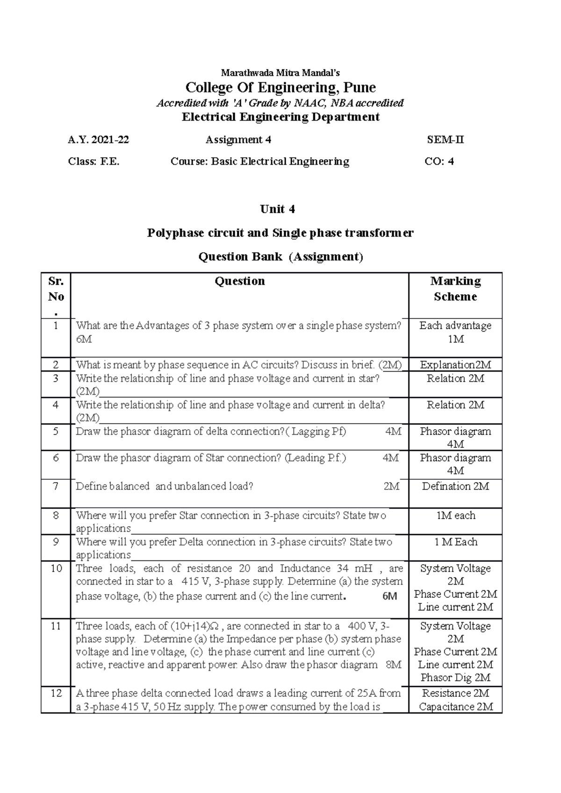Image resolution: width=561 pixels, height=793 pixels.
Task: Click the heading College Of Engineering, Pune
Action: [x=280, y=88]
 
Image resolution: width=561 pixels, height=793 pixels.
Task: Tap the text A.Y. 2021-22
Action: [x=98, y=140]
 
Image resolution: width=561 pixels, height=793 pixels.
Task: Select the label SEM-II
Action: [x=445, y=140]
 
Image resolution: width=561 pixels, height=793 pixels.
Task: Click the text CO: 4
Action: [x=439, y=162]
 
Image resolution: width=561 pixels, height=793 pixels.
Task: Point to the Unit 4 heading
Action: [x=277, y=209]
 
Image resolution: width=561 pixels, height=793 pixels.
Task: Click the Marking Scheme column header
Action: [x=455, y=289]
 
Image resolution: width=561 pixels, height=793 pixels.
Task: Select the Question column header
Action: [x=239, y=281]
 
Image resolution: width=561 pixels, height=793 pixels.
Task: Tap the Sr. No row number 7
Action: [x=56, y=487]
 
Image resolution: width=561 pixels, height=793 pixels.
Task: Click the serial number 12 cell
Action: [x=56, y=693]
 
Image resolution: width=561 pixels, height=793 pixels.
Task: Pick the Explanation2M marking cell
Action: [x=455, y=365]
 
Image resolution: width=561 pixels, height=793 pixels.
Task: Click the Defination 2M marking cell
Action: [x=455, y=487]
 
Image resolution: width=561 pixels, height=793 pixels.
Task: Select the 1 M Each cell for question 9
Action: [x=455, y=542]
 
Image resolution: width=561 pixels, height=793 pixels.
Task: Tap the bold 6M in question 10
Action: [x=389, y=596]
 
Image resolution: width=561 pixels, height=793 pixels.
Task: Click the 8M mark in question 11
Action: [x=394, y=665]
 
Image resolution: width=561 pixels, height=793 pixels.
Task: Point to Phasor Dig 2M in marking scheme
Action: [x=455, y=678]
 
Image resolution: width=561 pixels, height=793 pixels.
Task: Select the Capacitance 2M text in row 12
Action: [x=455, y=707]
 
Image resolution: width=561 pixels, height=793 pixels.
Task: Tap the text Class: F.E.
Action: [x=93, y=162]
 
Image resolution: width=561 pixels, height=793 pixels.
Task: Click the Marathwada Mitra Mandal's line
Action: [x=280, y=73]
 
